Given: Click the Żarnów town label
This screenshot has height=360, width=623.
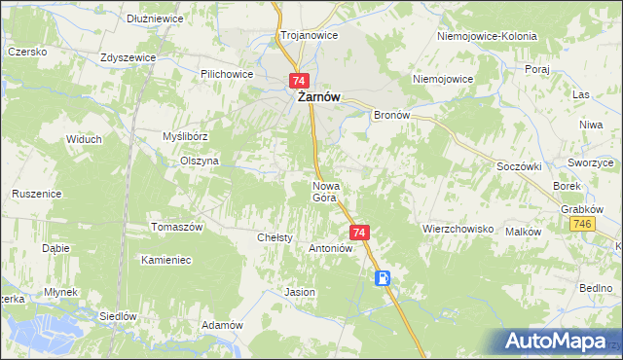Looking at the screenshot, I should coord(318,97).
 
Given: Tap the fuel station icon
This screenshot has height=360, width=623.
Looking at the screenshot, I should coord(385,278).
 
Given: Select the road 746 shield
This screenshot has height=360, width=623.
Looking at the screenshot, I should coord(582,225).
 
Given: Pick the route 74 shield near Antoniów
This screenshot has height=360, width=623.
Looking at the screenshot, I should coord(359,233).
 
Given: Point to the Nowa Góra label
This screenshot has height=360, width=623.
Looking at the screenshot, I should coord(324,191).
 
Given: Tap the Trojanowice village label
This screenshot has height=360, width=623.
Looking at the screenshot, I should coord(309,35).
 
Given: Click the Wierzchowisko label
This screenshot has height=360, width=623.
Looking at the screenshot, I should coord(458,230).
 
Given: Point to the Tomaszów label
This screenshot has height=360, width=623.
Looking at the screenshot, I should coord(175,227).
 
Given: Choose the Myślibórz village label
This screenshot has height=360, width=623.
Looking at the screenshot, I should coord(182,137).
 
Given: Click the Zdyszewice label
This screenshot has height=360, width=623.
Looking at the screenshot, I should coord(128,57).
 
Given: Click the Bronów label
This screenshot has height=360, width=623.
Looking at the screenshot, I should coord(394,115).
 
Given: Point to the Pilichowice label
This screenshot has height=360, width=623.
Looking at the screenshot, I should coord(227,74).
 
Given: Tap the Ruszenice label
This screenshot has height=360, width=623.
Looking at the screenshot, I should coord(37,194).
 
